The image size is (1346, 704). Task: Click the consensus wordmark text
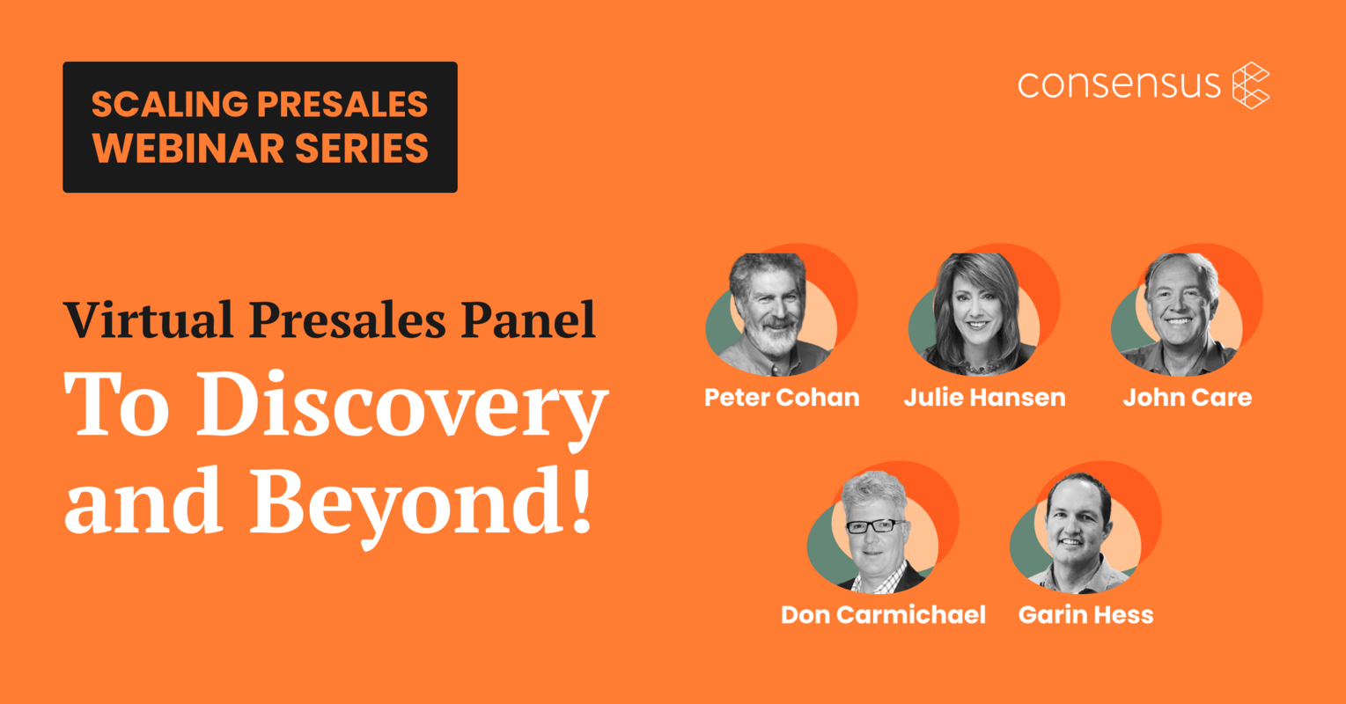click(1119, 84)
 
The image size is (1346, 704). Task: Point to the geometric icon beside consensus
click(1251, 85)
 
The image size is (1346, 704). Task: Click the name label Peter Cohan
click(782, 398)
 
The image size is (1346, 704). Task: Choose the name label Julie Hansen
click(984, 398)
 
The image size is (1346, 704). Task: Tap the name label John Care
click(1187, 398)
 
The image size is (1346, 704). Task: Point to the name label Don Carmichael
click(883, 614)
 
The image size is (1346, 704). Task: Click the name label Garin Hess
click(1085, 614)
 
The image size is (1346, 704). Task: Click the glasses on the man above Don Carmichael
click(874, 526)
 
